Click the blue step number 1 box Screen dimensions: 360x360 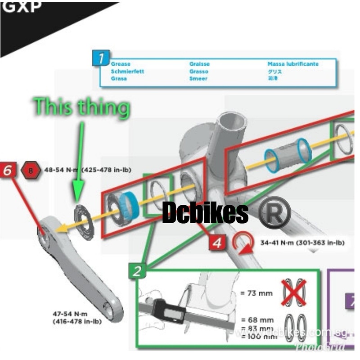point(101,58)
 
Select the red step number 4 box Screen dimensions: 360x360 point(217,243)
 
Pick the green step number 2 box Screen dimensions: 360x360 point(138,271)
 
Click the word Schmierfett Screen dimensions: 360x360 point(128,71)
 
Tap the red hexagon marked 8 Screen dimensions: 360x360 point(31,170)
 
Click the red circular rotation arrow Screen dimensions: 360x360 point(242,243)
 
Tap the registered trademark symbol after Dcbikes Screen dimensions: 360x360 point(274,212)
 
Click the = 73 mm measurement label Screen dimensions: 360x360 point(256,293)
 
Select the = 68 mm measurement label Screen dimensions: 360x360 point(257,320)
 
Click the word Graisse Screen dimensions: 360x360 point(199,64)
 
